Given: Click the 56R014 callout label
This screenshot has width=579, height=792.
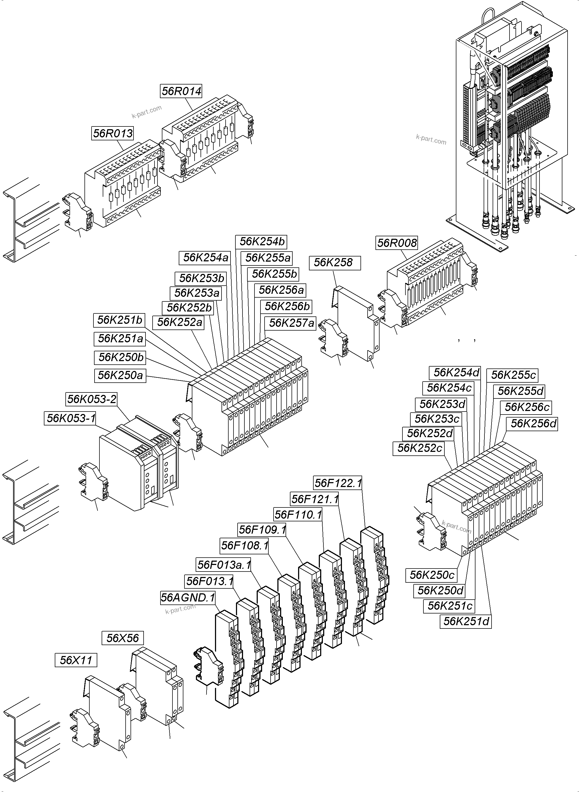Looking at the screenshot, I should pyautogui.click(x=181, y=91).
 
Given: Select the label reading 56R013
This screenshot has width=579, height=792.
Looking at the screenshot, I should pyautogui.click(x=113, y=133).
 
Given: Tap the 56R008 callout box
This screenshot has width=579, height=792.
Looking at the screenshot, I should pyautogui.click(x=397, y=243).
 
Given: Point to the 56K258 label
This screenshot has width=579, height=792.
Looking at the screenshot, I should pyautogui.click(x=334, y=263).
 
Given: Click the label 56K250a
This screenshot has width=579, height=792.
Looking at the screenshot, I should pyautogui.click(x=120, y=376).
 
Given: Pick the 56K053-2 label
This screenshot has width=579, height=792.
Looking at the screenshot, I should pyautogui.click(x=92, y=399).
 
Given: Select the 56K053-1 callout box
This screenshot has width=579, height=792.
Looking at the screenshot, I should pyautogui.click(x=71, y=418).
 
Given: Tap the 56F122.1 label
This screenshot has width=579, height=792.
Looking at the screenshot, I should pyautogui.click(x=338, y=483).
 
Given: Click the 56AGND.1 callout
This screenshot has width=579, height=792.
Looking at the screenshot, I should pyautogui.click(x=188, y=597).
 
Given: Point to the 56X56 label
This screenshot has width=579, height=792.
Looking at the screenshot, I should pyautogui.click(x=123, y=638).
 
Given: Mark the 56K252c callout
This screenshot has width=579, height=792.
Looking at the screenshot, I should pyautogui.click(x=420, y=448).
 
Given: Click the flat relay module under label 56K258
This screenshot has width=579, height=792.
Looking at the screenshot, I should pyautogui.click(x=356, y=322).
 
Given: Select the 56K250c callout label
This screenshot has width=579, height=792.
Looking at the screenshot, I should pyautogui.click(x=432, y=575).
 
